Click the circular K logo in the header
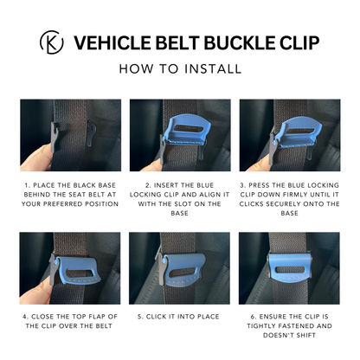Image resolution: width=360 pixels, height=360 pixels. point(52,43)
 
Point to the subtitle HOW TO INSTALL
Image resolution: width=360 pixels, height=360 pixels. point(180,68)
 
